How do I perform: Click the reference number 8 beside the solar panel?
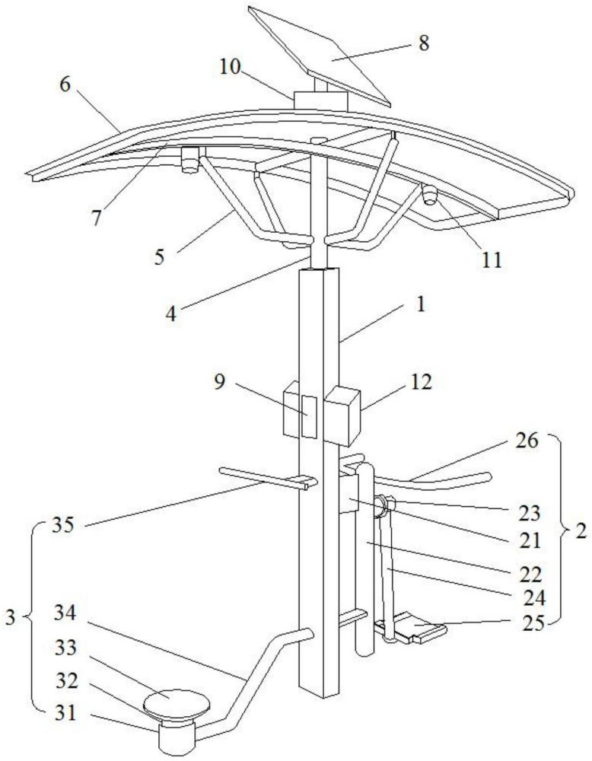424,43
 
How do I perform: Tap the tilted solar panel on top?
320,55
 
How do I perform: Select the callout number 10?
230,67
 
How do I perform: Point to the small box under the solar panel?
320,100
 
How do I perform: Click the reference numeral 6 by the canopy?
65,84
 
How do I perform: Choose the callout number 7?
97,218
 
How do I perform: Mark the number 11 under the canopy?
491,260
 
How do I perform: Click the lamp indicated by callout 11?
429,195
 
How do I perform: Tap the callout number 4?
170,314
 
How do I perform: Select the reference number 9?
219,382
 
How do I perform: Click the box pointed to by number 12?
342,415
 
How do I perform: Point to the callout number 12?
420,383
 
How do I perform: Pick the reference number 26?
527,441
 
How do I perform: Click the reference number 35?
63,525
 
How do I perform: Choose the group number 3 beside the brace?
11,617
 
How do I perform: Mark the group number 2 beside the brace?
581,530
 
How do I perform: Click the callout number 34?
65,613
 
